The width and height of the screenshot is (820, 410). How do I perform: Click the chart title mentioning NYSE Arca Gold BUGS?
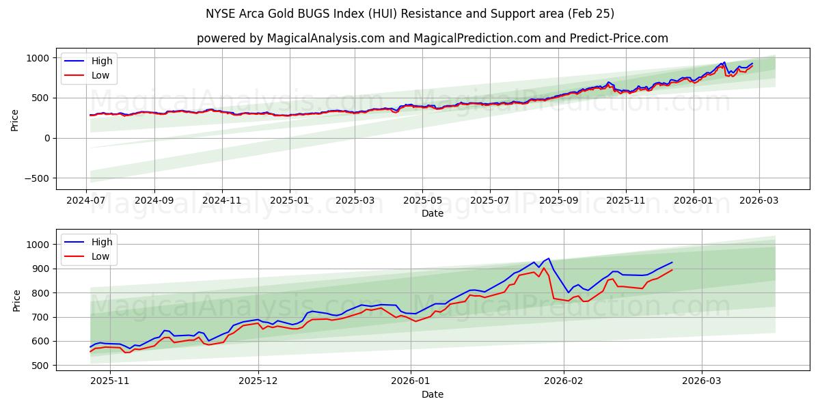click(x=410, y=14)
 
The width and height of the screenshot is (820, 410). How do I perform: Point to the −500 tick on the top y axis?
click(x=35, y=178)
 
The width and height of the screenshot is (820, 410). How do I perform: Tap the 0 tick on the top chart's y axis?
click(x=46, y=138)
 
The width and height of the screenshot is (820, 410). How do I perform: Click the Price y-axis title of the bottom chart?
click(x=17, y=301)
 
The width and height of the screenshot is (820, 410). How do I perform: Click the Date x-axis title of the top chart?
click(x=432, y=213)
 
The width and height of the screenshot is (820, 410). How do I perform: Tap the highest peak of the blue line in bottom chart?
click(x=549, y=258)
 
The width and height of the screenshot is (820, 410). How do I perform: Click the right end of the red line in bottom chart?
click(x=672, y=270)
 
